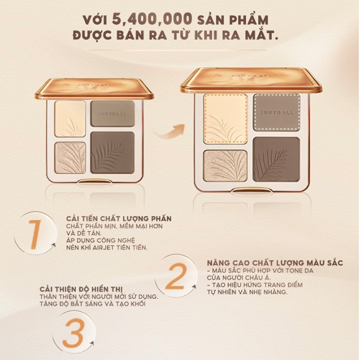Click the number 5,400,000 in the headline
pos(152,18)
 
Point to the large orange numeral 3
pos(72,333)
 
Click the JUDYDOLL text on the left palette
pos(112,114)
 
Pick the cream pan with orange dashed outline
pos(225,119)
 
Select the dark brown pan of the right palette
pos(276,159)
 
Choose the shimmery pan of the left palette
pos(70,158)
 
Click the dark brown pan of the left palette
pos(112,153)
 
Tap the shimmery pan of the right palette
pos(225,166)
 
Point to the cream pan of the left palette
pos(70,119)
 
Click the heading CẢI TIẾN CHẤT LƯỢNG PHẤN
pos(119,218)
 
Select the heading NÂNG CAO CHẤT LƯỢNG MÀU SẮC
pos(275,263)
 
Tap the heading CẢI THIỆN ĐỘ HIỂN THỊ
pos(81,289)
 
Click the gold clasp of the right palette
pos(251,190)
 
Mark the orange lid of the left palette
pos(94,89)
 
